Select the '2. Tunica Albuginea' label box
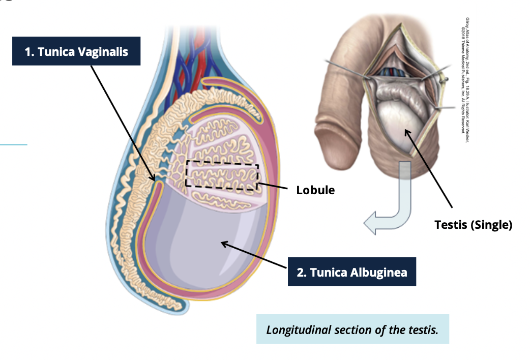click(x=352, y=272)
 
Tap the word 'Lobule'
click(x=316, y=190)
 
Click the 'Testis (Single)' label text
click(x=473, y=224)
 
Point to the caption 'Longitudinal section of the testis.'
click(x=352, y=329)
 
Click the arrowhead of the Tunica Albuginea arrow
click(x=223, y=244)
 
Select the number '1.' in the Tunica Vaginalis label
click(x=30, y=51)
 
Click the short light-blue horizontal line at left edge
click(x=13, y=145)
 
